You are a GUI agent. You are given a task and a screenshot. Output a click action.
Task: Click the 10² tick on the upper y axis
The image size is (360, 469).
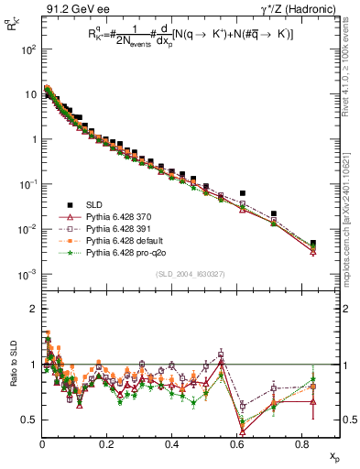29,49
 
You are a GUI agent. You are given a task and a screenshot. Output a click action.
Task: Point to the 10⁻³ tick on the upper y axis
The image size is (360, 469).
27,274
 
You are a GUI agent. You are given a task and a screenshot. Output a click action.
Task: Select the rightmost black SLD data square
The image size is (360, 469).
313,244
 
